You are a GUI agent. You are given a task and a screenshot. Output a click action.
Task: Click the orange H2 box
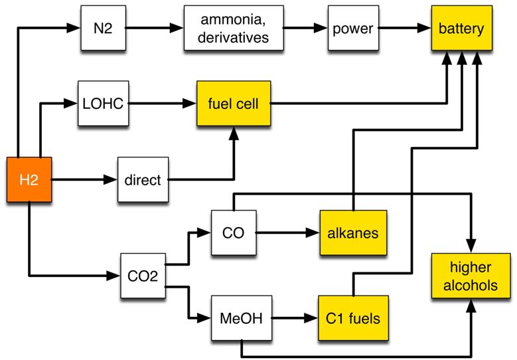tap(29, 179)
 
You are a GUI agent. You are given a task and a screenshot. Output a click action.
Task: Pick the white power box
tap(352, 29)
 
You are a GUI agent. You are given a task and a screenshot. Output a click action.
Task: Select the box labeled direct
tap(143, 179)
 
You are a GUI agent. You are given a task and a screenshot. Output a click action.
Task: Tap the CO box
tap(233, 232)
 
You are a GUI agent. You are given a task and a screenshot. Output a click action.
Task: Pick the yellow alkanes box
tap(352, 232)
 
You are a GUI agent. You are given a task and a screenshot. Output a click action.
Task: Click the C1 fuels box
tap(352, 318)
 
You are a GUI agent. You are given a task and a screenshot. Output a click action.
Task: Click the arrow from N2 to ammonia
tap(153, 29)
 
